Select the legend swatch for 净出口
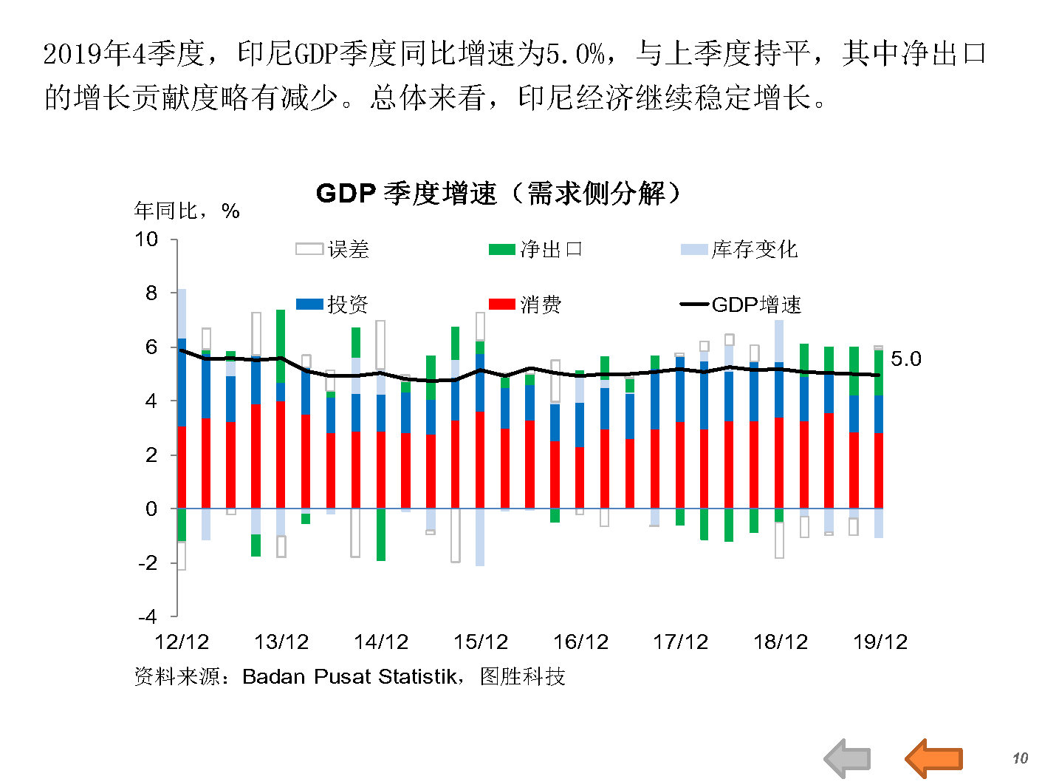coord(501,250)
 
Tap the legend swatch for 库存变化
coord(693,250)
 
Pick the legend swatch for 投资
coord(309,305)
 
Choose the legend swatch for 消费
coord(501,305)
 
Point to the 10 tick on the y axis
coord(146,239)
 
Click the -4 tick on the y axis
coord(147,616)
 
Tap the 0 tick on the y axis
coord(151,509)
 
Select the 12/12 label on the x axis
coord(182,642)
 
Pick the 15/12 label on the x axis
coord(481,642)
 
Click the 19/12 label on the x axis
coord(880,642)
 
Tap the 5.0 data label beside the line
coord(906,359)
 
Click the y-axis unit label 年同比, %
coord(187,211)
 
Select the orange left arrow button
coord(934,758)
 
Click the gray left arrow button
coord(847,758)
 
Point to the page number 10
coord(1020,758)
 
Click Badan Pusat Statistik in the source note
coord(349,676)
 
